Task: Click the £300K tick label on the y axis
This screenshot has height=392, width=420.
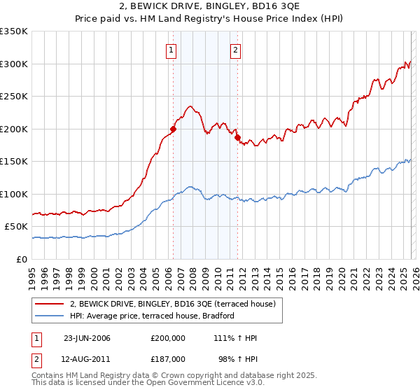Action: click(x=14, y=64)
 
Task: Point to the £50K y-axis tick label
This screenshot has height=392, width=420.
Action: click(x=16, y=227)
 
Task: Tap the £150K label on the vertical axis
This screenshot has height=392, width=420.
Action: click(x=14, y=162)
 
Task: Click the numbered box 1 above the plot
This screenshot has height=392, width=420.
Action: click(x=171, y=50)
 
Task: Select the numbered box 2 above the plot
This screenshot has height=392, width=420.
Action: click(x=236, y=50)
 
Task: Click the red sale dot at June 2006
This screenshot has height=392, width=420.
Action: click(x=173, y=129)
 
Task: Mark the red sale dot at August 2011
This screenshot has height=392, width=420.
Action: click(x=237, y=137)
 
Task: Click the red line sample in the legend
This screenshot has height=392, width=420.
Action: click(x=49, y=304)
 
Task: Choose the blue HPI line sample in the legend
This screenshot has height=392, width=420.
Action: click(x=49, y=316)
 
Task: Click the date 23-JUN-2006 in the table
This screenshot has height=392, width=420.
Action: click(x=87, y=338)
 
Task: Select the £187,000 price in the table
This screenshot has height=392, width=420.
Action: click(x=167, y=359)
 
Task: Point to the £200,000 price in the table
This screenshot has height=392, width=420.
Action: click(x=167, y=338)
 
